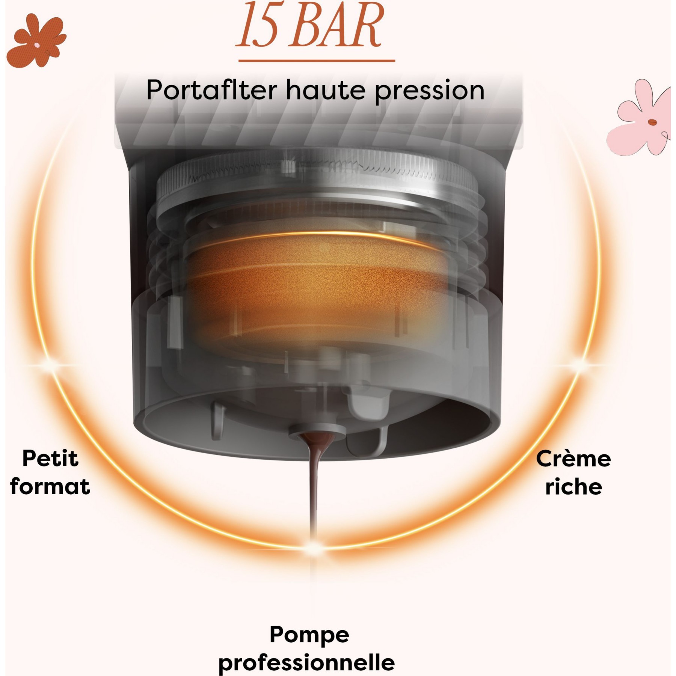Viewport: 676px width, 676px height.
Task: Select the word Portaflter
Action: click(x=212, y=90)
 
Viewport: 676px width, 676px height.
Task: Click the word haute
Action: click(x=326, y=90)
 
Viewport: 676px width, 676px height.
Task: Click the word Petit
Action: click(x=50, y=459)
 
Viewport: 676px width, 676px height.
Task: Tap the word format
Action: click(x=50, y=486)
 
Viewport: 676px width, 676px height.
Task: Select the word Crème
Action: click(x=573, y=459)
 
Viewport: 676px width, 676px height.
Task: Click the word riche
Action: click(x=574, y=486)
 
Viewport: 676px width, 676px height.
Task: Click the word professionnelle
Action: click(x=306, y=663)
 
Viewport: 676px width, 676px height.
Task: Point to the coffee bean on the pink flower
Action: click(x=653, y=122)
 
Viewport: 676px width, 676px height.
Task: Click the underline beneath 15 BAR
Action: click(x=317, y=60)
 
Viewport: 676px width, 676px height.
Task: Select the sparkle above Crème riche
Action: click(x=580, y=364)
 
